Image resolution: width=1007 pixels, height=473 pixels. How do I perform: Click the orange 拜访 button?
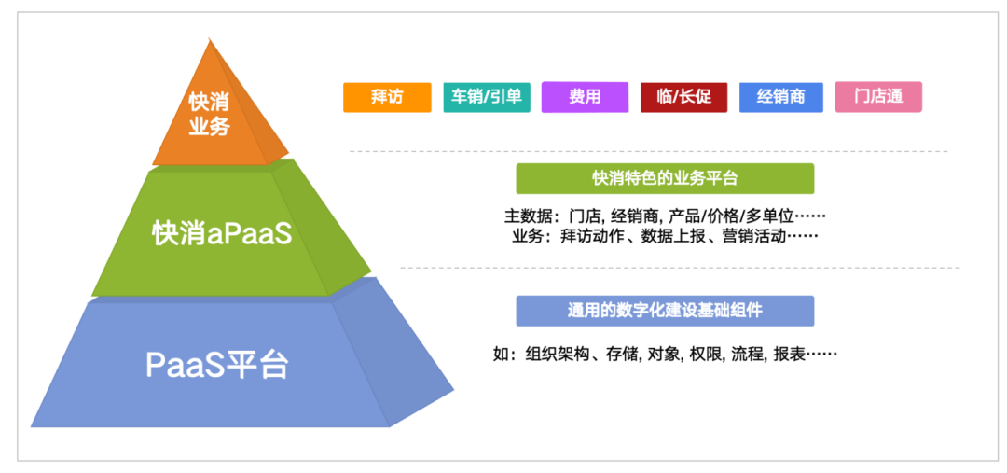pos(387,97)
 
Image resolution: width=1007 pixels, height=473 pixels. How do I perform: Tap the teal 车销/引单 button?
pos(486,97)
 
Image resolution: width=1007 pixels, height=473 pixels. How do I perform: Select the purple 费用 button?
pos(585,97)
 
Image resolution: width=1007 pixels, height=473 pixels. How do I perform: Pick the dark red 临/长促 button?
pos(683,97)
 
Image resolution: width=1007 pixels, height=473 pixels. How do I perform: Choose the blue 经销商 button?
pos(781,97)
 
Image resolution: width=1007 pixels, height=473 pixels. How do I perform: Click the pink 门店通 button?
pos(878,97)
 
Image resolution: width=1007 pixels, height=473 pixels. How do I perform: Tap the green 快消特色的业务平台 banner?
pos(665,178)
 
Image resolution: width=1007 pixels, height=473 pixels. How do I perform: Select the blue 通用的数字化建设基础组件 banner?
pos(665,311)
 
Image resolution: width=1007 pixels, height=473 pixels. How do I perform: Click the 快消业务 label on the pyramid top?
pos(209,114)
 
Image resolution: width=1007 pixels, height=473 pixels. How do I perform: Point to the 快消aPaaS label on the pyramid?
pos(222,233)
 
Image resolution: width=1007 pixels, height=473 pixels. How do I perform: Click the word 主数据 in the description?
pos(527,216)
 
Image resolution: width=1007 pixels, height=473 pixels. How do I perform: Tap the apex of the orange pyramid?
pos(210,40)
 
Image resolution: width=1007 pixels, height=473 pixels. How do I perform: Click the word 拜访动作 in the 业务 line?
pos(589,236)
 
